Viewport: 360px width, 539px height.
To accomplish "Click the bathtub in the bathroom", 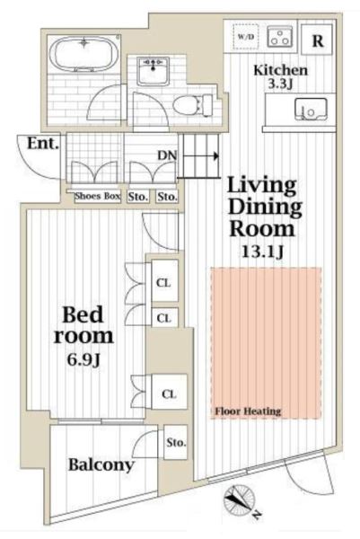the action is coord(83,54).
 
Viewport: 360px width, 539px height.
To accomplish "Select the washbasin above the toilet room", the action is coord(153,72).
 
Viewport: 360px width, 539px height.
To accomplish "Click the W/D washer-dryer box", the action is coord(246,37).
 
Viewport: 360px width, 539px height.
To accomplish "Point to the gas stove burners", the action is coord(279,37).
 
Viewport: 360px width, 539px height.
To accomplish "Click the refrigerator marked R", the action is coord(318,39).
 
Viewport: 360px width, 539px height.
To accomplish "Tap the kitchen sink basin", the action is coord(311,110).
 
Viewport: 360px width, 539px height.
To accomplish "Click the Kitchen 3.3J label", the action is coord(280,76).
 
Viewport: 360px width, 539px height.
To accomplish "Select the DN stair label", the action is coord(167,155).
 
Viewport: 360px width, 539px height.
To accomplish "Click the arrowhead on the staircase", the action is coord(216,156).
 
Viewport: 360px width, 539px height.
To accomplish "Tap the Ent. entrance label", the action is coord(42,143).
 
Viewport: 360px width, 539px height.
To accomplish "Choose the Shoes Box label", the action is coord(98,196).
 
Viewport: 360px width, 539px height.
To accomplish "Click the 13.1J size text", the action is coord(263,252).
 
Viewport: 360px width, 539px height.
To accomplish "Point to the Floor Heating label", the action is coord(248,411).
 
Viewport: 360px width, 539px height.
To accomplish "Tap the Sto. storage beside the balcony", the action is coord(176,442).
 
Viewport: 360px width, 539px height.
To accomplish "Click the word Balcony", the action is coord(101,464).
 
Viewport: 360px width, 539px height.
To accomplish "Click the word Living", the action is coord(262,186).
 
